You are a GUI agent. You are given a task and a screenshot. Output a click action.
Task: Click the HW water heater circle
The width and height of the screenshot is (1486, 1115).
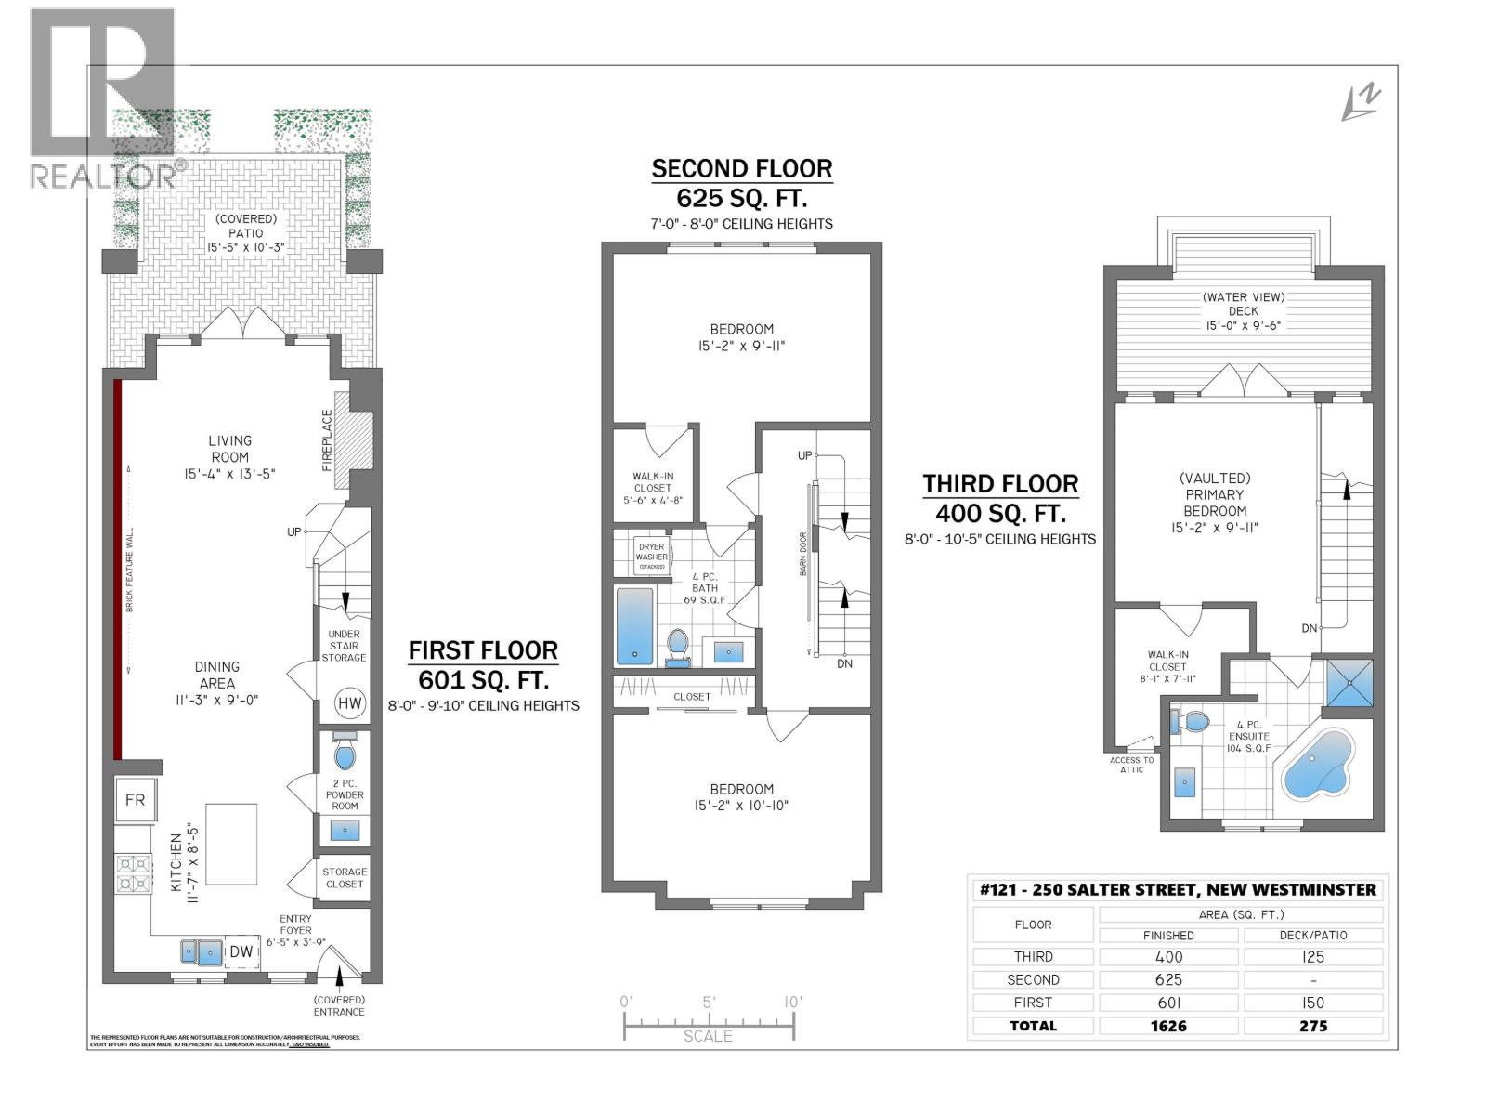(x=349, y=703)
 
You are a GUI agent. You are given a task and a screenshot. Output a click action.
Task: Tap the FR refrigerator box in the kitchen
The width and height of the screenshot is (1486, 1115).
(x=135, y=800)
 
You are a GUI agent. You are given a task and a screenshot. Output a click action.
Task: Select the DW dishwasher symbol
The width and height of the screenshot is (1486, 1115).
(x=241, y=951)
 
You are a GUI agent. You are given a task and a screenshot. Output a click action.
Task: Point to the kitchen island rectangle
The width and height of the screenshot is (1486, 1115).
(x=231, y=845)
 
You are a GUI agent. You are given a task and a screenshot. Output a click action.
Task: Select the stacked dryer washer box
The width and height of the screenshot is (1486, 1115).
(x=651, y=556)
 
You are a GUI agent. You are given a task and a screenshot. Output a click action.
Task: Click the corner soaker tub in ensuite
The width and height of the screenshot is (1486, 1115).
(x=1318, y=765)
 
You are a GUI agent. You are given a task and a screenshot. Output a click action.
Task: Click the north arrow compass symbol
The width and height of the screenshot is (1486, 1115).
(x=1362, y=102)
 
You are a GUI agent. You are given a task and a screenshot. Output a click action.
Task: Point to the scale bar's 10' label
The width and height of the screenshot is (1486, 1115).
(x=792, y=1002)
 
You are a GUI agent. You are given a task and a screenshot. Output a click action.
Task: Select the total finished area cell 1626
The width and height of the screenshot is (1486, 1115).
(x=1168, y=1026)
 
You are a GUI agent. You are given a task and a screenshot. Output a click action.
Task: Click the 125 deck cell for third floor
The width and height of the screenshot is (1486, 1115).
(x=1312, y=957)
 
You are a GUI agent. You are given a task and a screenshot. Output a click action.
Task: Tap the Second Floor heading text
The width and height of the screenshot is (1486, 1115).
(x=741, y=169)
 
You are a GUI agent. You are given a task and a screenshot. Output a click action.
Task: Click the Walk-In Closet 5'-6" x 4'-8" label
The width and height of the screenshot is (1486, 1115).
(x=653, y=488)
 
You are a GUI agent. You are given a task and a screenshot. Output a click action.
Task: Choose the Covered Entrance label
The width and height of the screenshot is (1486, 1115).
(x=339, y=1006)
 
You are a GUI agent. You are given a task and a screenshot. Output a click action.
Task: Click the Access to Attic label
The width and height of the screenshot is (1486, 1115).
(x=1131, y=765)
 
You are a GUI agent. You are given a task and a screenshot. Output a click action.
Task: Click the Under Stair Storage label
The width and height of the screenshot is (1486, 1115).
(x=344, y=646)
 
